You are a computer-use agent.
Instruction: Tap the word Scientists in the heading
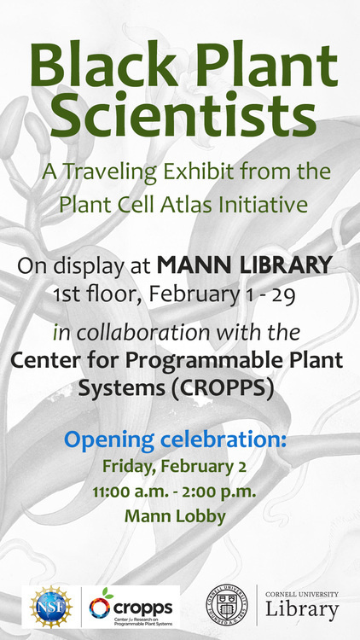tap(179, 119)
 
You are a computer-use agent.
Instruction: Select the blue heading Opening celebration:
tap(177, 440)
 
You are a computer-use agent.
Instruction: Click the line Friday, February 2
tap(175, 467)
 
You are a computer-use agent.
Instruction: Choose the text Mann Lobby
tap(175, 515)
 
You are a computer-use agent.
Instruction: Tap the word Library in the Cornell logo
tap(301, 611)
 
